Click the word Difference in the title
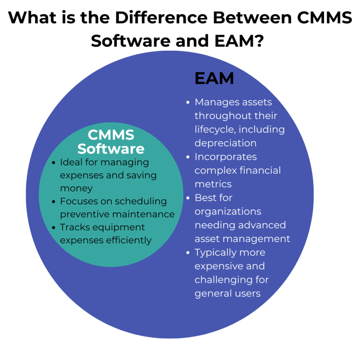tap(152, 18)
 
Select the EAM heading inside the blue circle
tap(214, 78)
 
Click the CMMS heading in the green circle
tap(111, 135)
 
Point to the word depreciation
tap(225, 143)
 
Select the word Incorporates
tap(226, 157)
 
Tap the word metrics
tap(213, 184)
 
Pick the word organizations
tap(228, 212)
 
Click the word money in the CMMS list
tap(76, 188)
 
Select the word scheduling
tap(141, 202)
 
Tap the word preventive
tap(84, 214)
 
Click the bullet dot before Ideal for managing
tap(54, 162)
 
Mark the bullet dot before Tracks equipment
tap(54, 228)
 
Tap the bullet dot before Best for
tap(188, 198)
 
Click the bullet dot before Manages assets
tap(188, 102)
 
